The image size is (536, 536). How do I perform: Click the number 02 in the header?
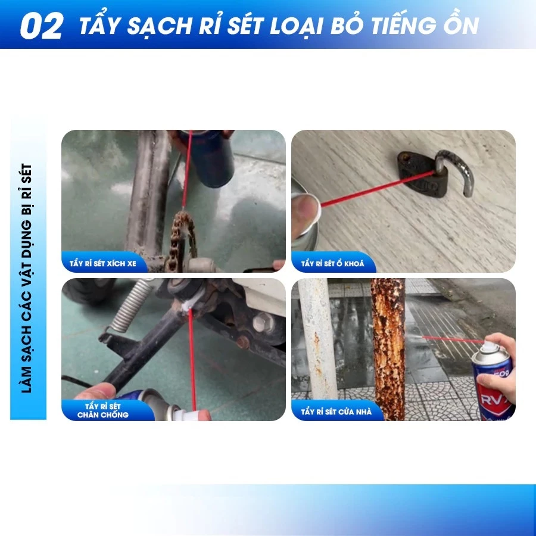tap(41, 26)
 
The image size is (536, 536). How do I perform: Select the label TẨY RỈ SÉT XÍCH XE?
tap(102, 264)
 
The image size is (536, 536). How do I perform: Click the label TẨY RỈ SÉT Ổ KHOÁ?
tap(332, 264)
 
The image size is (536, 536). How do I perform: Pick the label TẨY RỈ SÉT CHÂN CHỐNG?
tap(102, 410)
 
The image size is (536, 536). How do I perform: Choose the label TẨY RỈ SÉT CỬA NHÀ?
tap(336, 412)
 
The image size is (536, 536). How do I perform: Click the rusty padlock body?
tap(422, 174)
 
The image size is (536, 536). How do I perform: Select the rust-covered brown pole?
tap(388, 348)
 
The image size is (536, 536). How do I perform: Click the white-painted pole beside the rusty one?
tap(318, 338)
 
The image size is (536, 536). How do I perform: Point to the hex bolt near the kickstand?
tap(263, 322)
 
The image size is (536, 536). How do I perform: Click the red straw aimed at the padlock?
tap(378, 188)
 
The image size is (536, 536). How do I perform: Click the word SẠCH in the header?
tap(159, 26)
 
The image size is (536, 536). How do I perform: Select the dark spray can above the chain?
tap(209, 158)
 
